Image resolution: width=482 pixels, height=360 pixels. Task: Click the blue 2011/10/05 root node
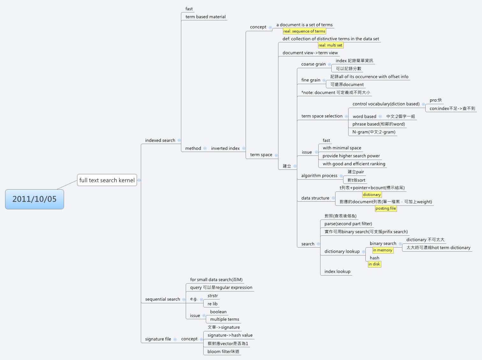coord(34,199)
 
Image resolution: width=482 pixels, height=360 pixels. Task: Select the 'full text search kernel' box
coord(107,180)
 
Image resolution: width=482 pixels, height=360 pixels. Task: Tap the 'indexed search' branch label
coord(160,140)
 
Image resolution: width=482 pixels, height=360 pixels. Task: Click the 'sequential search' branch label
coord(162,299)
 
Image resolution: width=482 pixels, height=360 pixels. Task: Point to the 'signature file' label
coord(158,339)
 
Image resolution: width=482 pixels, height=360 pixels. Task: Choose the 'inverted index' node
coord(225,148)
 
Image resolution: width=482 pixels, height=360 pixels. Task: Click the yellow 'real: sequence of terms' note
coord(304,31)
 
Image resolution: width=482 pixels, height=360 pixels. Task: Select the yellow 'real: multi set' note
coord(330,45)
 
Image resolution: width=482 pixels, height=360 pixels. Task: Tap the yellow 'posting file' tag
coord(385,208)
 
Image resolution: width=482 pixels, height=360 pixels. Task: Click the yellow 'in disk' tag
coord(374,264)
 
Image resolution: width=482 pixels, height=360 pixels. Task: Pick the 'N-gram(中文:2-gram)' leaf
coord(374,132)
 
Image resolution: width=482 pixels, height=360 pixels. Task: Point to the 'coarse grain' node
coord(313,64)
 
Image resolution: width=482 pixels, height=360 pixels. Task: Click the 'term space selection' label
coord(322,116)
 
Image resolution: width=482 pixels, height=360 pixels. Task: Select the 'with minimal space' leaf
coord(342,148)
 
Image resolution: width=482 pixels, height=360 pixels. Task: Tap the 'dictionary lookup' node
coord(342,251)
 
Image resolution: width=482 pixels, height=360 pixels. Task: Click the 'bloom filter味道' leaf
coord(223,351)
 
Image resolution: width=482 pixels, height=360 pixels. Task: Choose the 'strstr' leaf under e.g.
coord(212,296)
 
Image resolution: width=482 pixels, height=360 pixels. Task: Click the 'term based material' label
coord(205,17)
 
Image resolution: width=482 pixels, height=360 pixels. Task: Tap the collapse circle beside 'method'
coord(205,148)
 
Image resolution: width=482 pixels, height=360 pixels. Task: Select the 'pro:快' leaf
coord(435,100)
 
